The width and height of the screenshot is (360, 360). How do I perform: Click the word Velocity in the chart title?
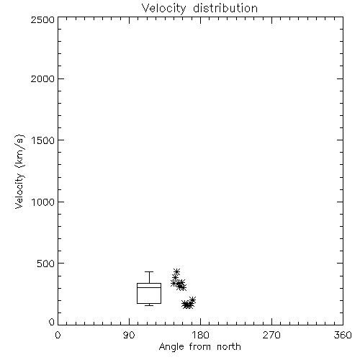click(x=163, y=9)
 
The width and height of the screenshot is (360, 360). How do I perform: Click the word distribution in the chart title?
click(x=225, y=8)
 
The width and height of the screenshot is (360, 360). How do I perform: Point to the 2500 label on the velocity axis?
click(x=42, y=19)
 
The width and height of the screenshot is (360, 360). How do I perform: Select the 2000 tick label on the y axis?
click(x=42, y=78)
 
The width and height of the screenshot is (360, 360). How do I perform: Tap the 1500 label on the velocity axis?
click(x=43, y=140)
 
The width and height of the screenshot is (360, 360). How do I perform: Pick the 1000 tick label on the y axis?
click(x=43, y=202)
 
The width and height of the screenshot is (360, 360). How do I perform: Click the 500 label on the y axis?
click(x=46, y=264)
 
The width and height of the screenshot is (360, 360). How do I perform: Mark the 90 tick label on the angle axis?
click(x=129, y=335)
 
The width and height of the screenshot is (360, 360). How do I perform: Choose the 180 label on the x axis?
click(x=200, y=335)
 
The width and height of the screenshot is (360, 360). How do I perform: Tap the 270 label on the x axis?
click(x=271, y=335)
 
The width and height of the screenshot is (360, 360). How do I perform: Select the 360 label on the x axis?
click(x=343, y=335)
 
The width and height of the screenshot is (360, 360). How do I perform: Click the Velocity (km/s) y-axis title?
click(x=19, y=171)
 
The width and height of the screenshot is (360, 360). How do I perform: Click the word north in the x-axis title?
click(x=229, y=347)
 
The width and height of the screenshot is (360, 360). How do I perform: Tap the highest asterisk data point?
click(x=176, y=272)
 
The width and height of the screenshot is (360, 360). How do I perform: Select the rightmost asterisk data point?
click(x=192, y=300)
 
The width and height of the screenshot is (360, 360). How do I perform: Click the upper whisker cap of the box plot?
click(x=149, y=271)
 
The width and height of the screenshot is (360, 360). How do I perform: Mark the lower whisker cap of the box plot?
click(x=149, y=305)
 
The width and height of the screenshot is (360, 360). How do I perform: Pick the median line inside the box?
click(x=149, y=287)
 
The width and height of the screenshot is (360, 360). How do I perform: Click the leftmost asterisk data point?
click(x=174, y=284)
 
